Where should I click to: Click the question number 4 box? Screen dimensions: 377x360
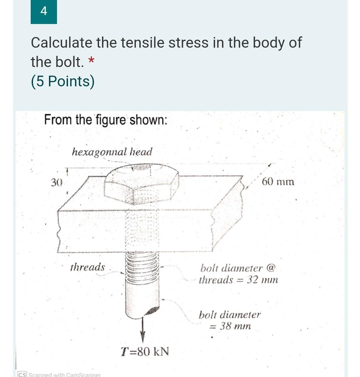44,12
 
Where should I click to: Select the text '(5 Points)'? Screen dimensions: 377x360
63,81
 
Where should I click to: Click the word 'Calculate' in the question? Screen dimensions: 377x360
61,43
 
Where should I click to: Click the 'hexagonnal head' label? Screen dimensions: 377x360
112,152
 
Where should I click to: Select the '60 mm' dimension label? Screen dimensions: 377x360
278,182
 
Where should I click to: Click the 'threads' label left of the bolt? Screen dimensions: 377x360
87,267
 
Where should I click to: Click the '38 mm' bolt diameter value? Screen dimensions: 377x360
235,326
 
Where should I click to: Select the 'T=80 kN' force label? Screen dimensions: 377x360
145,351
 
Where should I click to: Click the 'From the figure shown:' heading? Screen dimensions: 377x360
106,119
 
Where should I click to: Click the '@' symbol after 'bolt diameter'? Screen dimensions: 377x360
271,268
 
